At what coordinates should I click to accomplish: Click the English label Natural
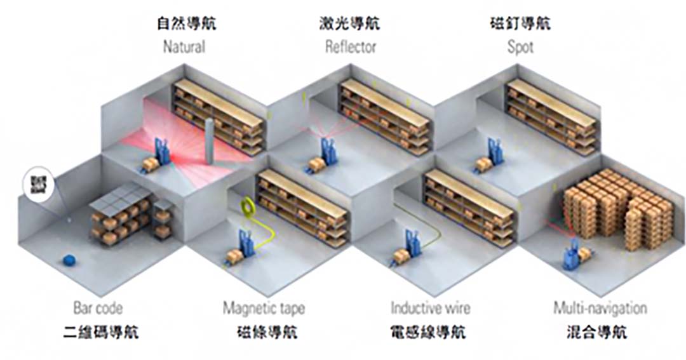click(x=184, y=47)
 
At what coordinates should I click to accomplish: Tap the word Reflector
click(x=351, y=47)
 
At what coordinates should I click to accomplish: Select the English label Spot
click(x=520, y=47)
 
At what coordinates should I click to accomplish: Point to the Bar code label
click(x=98, y=309)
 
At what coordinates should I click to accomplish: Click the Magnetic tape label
click(x=264, y=309)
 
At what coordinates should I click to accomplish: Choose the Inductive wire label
click(x=431, y=309)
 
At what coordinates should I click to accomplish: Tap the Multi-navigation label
click(x=600, y=309)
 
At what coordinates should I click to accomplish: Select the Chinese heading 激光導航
click(x=350, y=25)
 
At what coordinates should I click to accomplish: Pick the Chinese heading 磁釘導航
click(x=520, y=25)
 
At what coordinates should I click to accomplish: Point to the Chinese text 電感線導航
click(x=431, y=332)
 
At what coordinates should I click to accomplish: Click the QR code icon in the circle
click(x=37, y=184)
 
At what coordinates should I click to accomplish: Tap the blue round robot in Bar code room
click(x=70, y=260)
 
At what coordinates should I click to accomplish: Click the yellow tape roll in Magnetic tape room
click(x=245, y=206)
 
